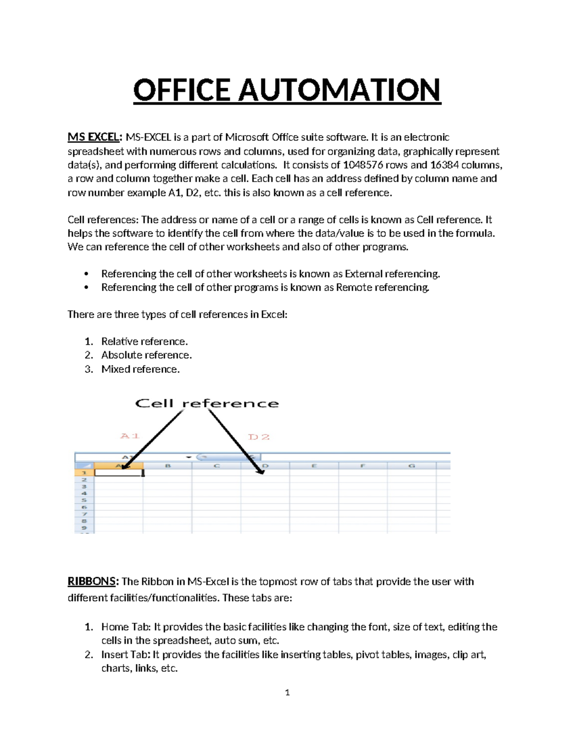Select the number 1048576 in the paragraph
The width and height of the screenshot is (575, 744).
point(363,165)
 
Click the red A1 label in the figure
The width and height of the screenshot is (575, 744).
point(130,436)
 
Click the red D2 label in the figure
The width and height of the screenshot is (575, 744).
point(259,437)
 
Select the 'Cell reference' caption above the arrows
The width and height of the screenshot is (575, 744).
point(207,403)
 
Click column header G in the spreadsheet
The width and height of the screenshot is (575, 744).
point(411,466)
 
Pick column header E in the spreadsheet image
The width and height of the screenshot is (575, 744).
point(314,466)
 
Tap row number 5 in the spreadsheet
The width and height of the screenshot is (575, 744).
point(84,500)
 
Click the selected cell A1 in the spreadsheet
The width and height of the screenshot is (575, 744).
point(119,473)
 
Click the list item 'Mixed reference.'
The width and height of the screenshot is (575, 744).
point(140,369)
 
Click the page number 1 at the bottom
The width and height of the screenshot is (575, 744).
point(287,692)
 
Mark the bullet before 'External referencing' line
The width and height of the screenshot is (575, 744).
point(86,274)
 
